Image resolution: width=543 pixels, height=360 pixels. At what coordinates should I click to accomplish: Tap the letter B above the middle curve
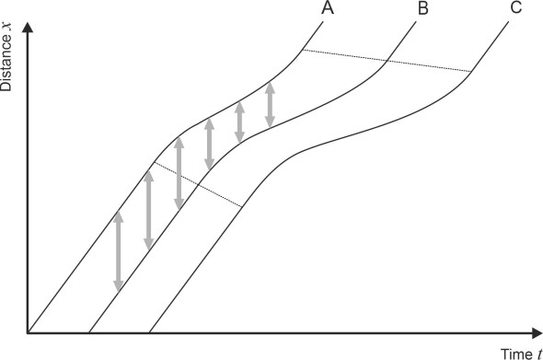tap(422, 8)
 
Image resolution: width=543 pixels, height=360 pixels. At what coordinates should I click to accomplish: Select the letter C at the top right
tap(515, 8)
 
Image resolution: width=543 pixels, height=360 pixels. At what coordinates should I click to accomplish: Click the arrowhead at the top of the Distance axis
tap(29, 23)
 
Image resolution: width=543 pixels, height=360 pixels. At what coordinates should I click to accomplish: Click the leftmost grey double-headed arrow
tap(117, 251)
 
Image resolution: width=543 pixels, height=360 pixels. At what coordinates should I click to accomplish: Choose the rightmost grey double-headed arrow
tap(270, 105)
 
